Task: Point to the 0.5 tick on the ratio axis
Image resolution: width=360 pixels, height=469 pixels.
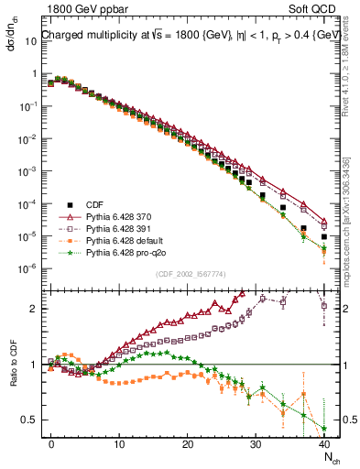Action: (x=28, y=420)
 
